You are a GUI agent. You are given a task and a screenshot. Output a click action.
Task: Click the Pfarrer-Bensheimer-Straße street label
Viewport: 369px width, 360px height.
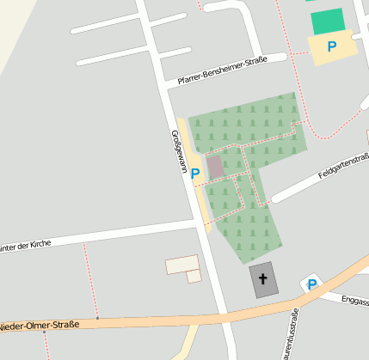[x=222, y=70]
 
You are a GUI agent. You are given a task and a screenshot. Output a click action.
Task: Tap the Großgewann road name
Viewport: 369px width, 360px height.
[x=179, y=153]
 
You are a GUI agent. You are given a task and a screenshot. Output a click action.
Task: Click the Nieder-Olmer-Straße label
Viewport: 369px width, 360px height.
[x=40, y=326]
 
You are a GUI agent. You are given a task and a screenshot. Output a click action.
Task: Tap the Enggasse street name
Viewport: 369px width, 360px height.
[x=354, y=300]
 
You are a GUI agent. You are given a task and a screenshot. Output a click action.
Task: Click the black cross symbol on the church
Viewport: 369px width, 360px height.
[x=262, y=279]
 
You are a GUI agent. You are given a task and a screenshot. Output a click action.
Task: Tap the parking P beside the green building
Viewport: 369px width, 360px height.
[x=332, y=46]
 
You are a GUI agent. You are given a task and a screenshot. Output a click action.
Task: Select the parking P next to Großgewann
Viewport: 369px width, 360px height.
[x=195, y=173]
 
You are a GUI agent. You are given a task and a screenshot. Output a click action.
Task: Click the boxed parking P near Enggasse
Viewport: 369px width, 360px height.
[x=311, y=284]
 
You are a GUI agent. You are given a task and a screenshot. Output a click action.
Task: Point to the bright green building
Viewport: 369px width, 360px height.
[x=327, y=21]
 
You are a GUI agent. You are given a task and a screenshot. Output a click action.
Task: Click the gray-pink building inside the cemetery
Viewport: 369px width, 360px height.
[x=215, y=166]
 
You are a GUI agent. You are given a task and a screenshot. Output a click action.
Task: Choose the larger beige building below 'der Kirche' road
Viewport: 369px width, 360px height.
[x=181, y=265]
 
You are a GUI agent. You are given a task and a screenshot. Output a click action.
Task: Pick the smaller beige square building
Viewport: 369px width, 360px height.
[x=194, y=276]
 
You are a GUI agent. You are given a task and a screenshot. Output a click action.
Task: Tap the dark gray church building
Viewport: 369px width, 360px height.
[x=264, y=280]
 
